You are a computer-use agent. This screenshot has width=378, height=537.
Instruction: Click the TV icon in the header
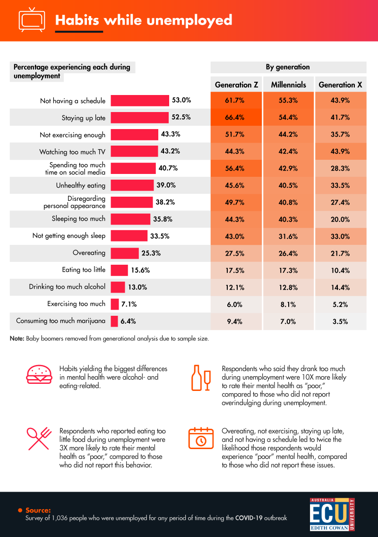(32, 20)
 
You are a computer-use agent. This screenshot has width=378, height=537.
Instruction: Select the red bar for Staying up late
(139, 118)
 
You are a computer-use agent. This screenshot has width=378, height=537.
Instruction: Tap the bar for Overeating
(125, 253)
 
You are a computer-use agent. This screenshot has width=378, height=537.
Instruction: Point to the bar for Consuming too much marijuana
(114, 321)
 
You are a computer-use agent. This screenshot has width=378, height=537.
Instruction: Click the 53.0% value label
(181, 100)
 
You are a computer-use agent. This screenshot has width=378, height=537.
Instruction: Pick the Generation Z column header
(236, 85)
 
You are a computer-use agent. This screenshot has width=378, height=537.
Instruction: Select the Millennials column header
(288, 85)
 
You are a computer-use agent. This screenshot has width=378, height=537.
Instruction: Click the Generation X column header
(340, 85)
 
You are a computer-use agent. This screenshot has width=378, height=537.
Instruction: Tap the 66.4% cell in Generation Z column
(236, 118)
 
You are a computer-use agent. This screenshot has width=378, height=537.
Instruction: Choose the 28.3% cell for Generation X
(340, 169)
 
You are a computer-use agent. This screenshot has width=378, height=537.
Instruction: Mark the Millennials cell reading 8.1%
(288, 304)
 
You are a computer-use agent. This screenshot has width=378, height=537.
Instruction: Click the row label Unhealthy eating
(80, 185)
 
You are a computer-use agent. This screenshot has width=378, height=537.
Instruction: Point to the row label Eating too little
(84, 270)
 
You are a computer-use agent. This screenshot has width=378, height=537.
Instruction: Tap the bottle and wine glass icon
(200, 378)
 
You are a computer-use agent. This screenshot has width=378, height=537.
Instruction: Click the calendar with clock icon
(200, 438)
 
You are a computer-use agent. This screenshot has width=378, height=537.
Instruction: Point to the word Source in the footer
(38, 510)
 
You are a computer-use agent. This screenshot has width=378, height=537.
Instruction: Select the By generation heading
(288, 67)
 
